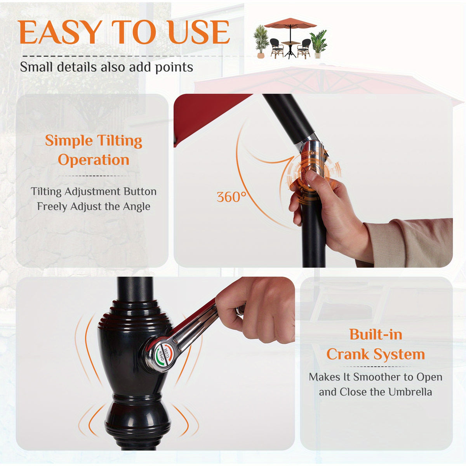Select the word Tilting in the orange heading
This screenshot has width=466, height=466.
[120, 141]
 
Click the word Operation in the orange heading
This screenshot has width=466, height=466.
[94, 160]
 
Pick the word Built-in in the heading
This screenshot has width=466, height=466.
[376, 334]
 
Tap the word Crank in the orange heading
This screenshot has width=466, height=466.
[348, 354]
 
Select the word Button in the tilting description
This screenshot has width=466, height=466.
[140, 191]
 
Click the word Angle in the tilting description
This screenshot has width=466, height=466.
[137, 207]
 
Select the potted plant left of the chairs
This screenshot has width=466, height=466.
[261, 41]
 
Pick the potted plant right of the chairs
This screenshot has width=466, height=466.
[318, 44]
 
